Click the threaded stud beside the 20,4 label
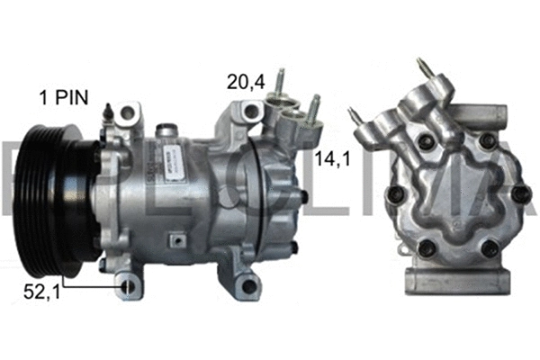(282, 81)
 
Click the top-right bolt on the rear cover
(488, 141)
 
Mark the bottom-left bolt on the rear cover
(426, 249)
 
